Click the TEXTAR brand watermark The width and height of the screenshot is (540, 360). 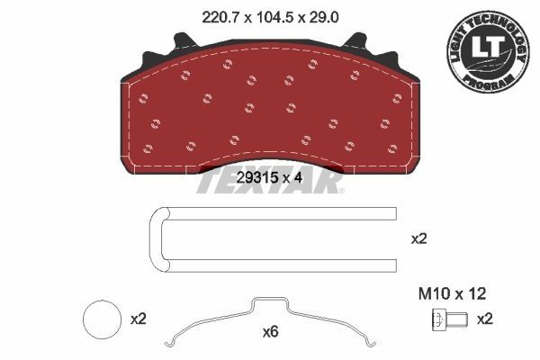270,182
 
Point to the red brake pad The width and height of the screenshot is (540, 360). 270,112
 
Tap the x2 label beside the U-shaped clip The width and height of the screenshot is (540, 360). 419,239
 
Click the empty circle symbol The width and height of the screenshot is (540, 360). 101,319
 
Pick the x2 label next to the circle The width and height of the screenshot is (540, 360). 139,319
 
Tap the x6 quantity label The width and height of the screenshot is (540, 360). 269,332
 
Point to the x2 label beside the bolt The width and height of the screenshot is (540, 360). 484,319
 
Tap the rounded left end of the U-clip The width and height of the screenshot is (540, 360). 153,239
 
